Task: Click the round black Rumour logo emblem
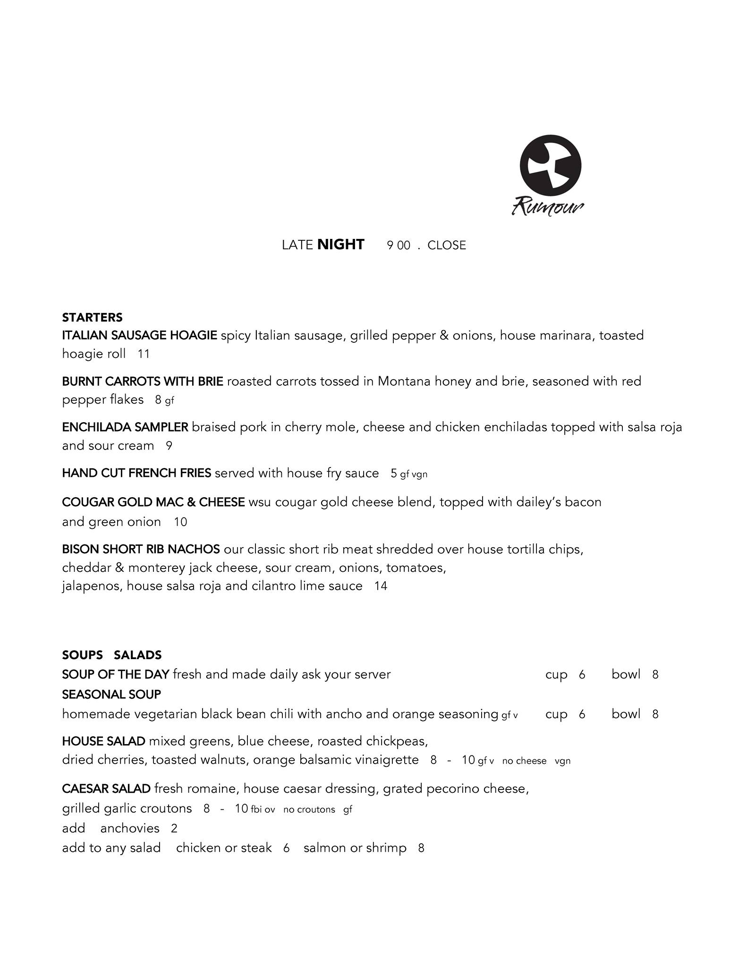tap(550, 166)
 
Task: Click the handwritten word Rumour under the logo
tap(548, 206)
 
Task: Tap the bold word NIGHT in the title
tap(340, 245)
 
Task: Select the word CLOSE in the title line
tap(446, 246)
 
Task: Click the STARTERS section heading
tap(92, 317)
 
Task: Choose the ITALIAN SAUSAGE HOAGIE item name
tap(139, 336)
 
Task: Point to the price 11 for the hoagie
tap(144, 354)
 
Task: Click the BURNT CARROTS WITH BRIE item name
tap(142, 382)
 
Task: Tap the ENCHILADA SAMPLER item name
tap(125, 427)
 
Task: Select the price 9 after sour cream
tap(169, 446)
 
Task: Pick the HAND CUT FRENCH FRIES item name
tap(136, 474)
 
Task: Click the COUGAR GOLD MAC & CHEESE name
tap(153, 502)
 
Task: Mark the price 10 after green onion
tap(180, 522)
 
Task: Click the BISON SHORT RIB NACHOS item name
tap(141, 550)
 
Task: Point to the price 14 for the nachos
tap(381, 586)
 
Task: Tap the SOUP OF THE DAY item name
tap(115, 675)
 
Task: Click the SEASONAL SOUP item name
tap(111, 695)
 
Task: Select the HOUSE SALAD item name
tap(103, 741)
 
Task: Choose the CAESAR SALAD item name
tap(106, 789)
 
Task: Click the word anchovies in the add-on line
tap(130, 829)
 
